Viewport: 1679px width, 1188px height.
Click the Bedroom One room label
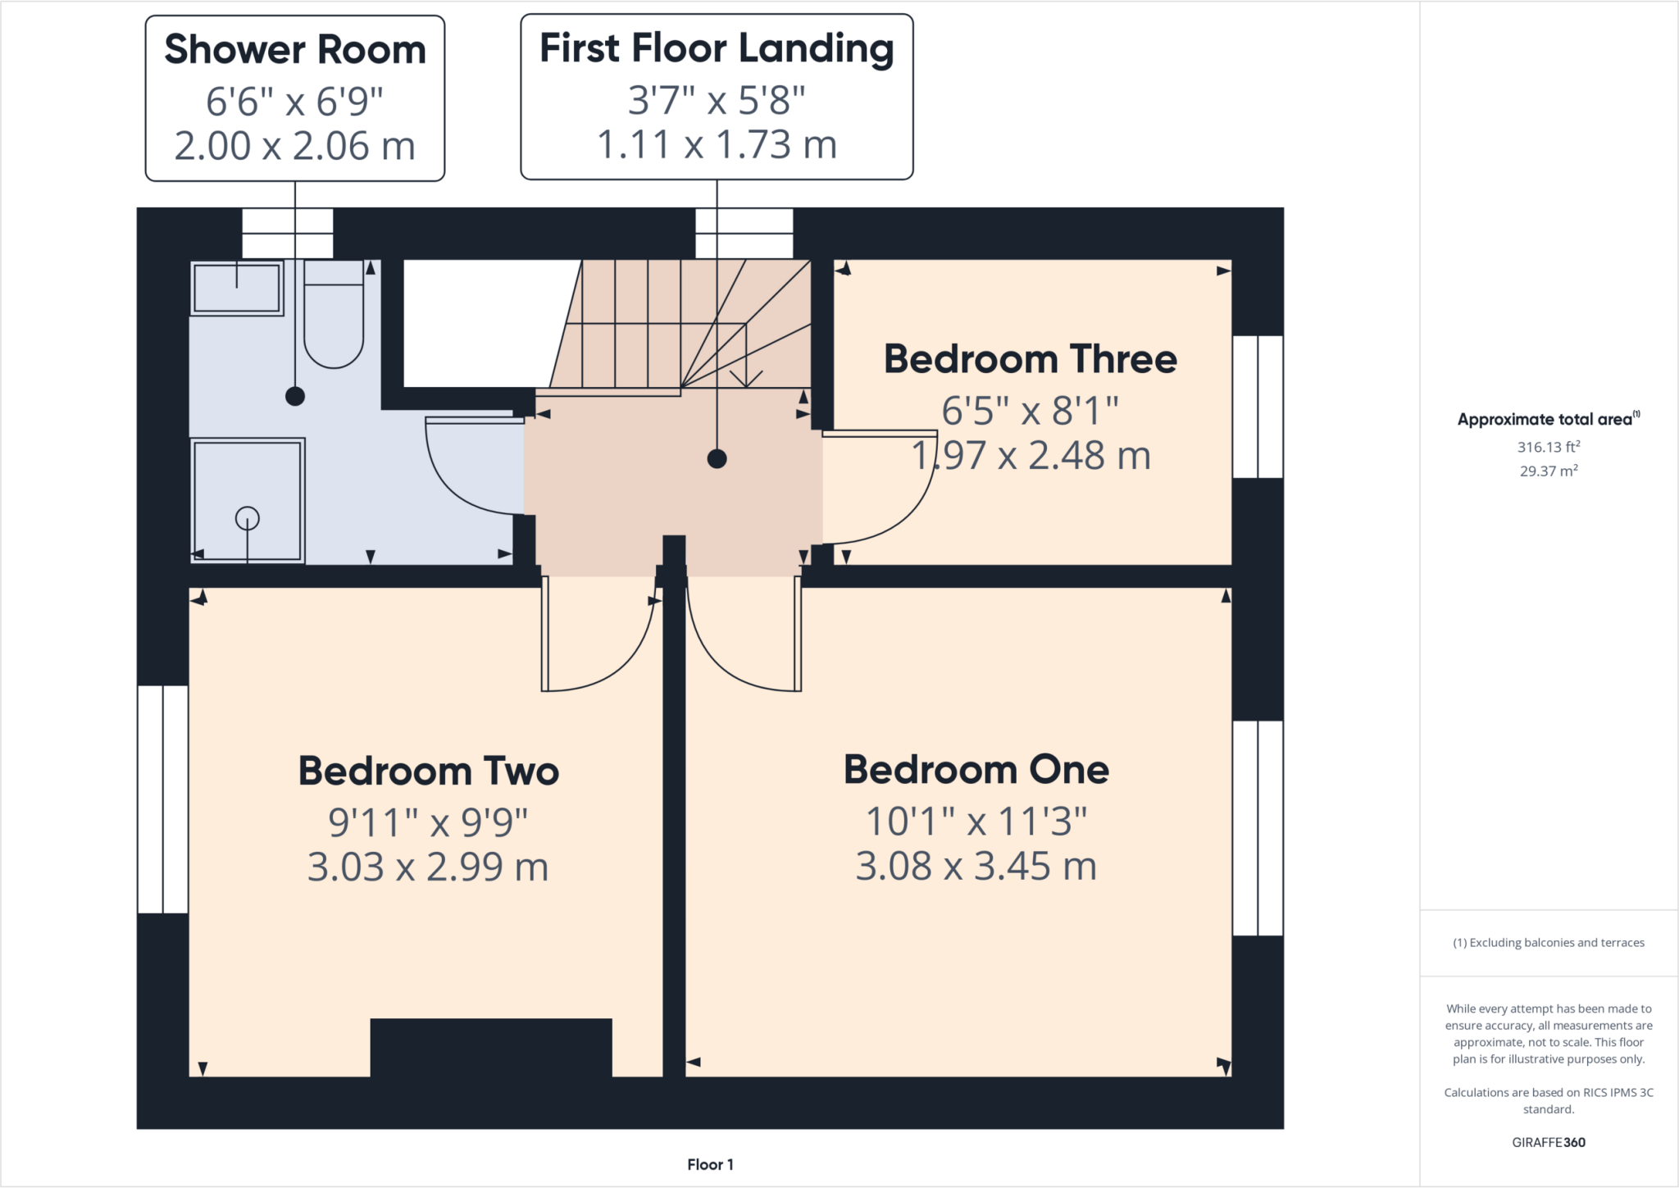976,770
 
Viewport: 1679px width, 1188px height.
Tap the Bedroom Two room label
428,772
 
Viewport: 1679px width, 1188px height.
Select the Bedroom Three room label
1030,359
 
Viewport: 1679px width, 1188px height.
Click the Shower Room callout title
295,49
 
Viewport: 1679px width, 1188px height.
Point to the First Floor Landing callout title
717,48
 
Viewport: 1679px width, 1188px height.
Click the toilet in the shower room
334,316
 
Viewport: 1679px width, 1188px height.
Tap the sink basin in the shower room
237,288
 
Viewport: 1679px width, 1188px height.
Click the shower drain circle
248,518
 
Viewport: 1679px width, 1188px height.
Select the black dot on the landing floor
717,458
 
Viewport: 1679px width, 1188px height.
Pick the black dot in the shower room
295,396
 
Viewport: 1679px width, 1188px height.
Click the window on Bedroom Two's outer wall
163,799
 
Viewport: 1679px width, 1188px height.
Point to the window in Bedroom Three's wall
1258,407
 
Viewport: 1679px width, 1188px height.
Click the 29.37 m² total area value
1548,471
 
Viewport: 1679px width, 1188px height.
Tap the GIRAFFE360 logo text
1548,1142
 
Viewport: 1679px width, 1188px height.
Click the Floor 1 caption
710,1164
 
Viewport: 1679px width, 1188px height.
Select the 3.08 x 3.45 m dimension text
976,867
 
